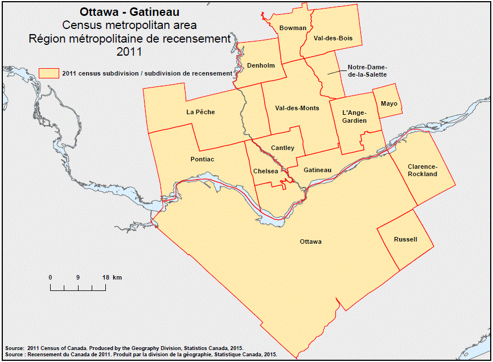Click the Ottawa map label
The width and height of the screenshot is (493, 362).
click(x=311, y=242)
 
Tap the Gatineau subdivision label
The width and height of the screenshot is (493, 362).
click(x=317, y=170)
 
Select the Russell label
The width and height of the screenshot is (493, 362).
click(x=405, y=239)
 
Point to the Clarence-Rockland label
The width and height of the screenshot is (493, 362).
click(x=422, y=170)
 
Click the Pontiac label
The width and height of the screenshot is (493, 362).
click(x=202, y=159)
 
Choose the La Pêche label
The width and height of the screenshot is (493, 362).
click(x=200, y=112)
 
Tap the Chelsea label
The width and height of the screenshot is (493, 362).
click(x=265, y=171)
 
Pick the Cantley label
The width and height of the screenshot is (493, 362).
click(x=282, y=148)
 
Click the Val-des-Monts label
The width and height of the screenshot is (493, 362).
click(x=297, y=108)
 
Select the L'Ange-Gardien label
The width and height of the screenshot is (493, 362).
click(x=354, y=116)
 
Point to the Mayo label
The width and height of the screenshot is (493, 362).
click(x=389, y=103)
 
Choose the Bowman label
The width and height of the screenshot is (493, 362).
click(x=293, y=28)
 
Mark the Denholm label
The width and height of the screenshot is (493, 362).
click(x=261, y=65)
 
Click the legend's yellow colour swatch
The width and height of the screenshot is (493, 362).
click(x=49, y=73)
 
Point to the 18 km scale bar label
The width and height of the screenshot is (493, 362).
click(x=112, y=277)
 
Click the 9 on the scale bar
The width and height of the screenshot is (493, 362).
click(x=77, y=277)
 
